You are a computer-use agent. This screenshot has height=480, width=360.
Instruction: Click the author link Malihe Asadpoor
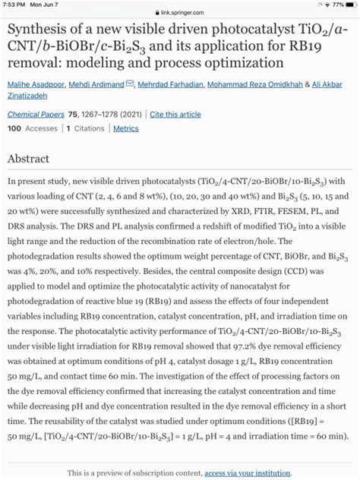pos(35,84)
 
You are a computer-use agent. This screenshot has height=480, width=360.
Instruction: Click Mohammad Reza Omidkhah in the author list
pos(257,84)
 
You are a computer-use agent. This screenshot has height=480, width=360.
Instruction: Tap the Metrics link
pos(126,129)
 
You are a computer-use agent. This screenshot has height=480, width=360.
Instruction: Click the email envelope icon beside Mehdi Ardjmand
pos(130,84)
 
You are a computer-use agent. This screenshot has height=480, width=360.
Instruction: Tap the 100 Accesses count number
pos(14,129)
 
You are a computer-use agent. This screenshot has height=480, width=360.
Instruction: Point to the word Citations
pos(90,129)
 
